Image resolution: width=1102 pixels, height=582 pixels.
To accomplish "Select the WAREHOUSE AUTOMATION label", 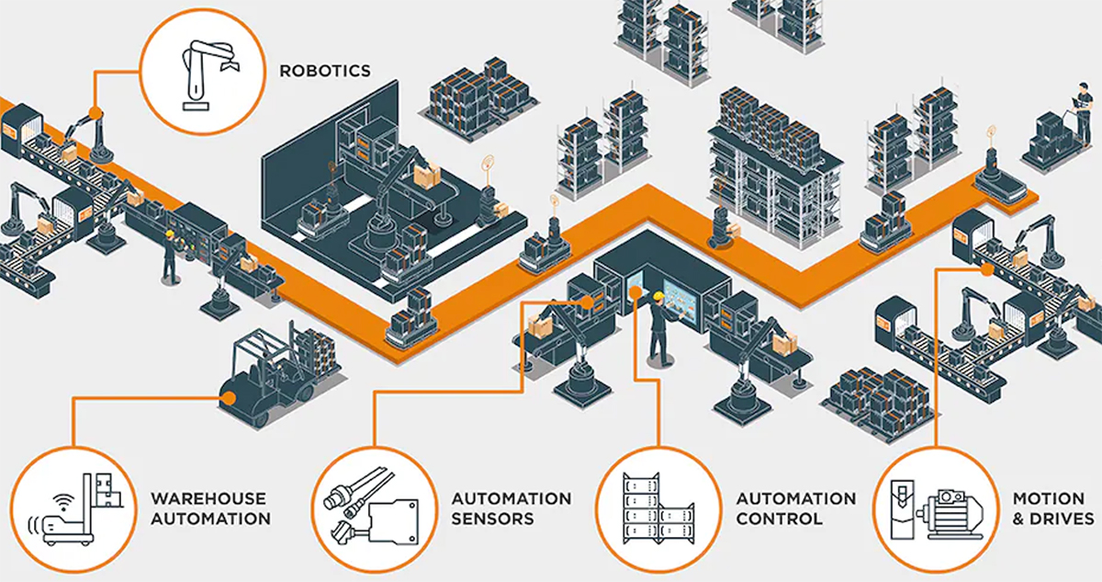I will click(210, 508).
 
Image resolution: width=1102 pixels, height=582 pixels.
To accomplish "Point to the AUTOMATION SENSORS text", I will click(511, 508).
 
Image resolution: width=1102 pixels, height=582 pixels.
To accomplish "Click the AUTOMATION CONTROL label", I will click(795, 508).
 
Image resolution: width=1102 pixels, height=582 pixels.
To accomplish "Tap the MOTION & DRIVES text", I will click(1053, 508).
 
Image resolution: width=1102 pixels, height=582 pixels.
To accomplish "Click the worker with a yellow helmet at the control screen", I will click(658, 326).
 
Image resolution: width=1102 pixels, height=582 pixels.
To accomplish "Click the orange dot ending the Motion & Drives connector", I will click(984, 269).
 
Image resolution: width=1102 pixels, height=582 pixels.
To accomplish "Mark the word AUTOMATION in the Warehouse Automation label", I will click(210, 519).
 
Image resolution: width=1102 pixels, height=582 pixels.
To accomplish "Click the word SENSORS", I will click(492, 519).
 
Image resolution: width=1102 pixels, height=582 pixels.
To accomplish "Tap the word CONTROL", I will click(779, 519).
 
